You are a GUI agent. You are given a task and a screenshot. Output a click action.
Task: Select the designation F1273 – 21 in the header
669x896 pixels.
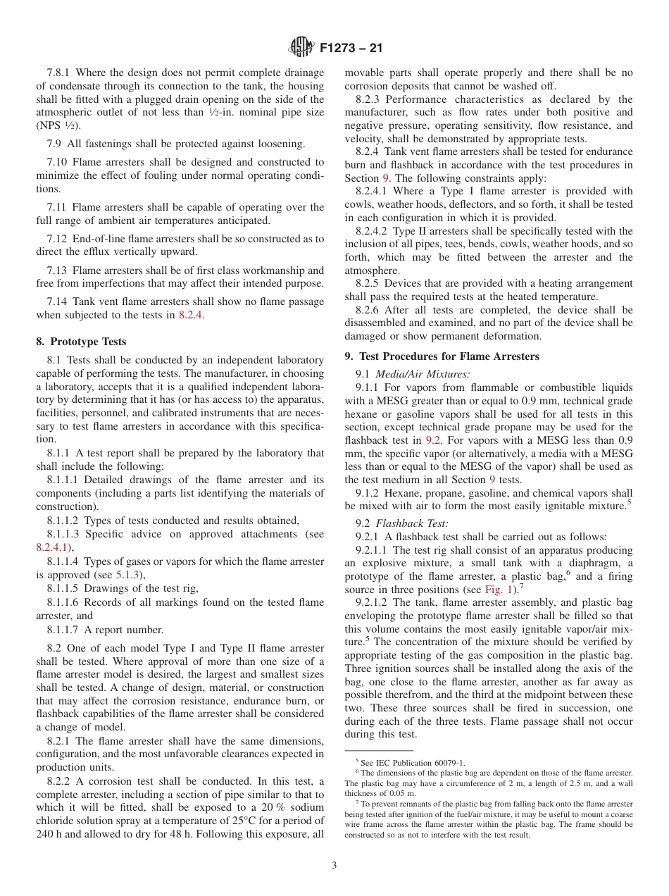point(351,49)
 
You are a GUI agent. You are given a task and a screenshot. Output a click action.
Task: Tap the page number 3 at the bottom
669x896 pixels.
point(334,866)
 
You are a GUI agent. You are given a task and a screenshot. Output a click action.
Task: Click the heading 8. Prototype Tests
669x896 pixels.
point(81,342)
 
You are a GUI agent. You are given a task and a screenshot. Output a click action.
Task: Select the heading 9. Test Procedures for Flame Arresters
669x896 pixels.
point(442,356)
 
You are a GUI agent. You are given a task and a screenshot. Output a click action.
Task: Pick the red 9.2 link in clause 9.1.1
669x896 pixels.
point(433,440)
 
